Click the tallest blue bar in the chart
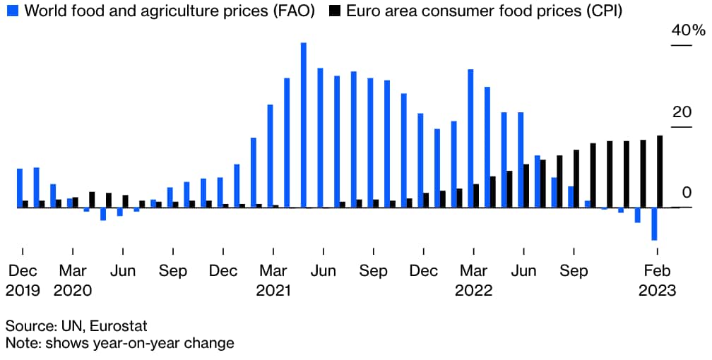coord(303,125)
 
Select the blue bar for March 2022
coord(470,138)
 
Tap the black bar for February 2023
coord(660,172)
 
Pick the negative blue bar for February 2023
coord(654,224)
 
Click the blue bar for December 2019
coord(20,188)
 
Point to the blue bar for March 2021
coord(270,156)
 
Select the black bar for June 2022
coord(526,186)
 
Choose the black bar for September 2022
coord(576,179)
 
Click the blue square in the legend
coord(10,12)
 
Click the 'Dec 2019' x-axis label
coord(23,280)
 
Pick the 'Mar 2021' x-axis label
coord(273,280)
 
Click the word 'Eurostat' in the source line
coord(121,325)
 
